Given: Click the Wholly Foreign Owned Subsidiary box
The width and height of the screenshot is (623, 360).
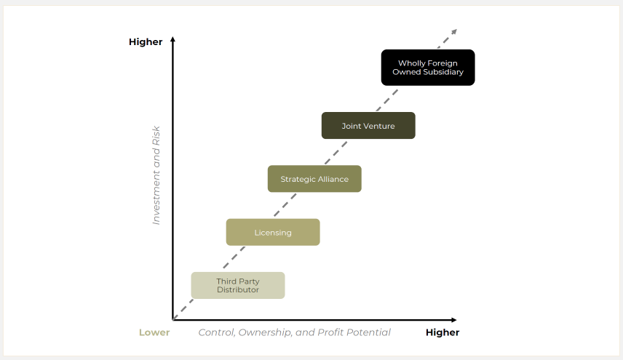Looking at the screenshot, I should [x=428, y=68].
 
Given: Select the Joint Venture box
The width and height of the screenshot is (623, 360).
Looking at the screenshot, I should [x=368, y=126].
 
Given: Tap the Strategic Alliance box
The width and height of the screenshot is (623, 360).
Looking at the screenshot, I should [x=314, y=179].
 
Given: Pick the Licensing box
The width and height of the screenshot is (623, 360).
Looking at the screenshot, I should [x=273, y=233].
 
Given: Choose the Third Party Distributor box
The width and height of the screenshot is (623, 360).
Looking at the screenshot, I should [x=238, y=285].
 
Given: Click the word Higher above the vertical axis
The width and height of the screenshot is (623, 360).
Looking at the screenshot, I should [x=146, y=42].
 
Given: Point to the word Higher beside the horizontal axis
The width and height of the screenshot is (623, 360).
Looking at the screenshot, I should [x=443, y=332].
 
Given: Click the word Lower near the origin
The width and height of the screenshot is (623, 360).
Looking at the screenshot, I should [x=154, y=332].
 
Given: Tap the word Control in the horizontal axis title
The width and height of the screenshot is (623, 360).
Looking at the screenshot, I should [x=217, y=332].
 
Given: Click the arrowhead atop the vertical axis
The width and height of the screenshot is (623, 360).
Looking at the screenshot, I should [x=172, y=39].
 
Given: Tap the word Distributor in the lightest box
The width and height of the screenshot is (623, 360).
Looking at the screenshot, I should [x=238, y=290].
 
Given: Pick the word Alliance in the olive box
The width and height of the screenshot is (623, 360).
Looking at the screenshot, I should [x=333, y=179].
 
